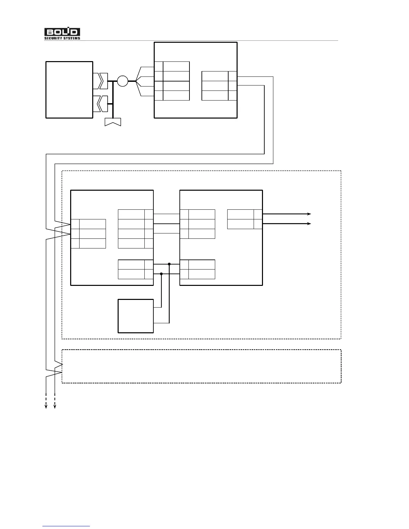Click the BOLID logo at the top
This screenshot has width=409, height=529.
[62, 32]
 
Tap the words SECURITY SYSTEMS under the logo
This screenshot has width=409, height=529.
[62, 38]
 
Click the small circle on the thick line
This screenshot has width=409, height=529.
[123, 81]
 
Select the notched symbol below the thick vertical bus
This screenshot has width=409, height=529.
[113, 122]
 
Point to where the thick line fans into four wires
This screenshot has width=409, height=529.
[136, 81]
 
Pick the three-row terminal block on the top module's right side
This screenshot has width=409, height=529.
[219, 86]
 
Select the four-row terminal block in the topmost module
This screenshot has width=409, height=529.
[172, 81]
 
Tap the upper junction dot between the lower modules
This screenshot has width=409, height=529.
[169, 264]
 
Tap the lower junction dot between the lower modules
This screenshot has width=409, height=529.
[161, 274]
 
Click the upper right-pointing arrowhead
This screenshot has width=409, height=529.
[309, 214]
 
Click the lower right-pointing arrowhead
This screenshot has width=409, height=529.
[309, 223]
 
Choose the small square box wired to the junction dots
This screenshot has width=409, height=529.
[136, 316]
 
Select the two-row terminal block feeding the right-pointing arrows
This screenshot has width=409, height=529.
[244, 219]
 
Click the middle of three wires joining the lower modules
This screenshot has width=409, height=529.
[166, 223]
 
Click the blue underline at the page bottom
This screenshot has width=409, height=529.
[66, 526]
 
